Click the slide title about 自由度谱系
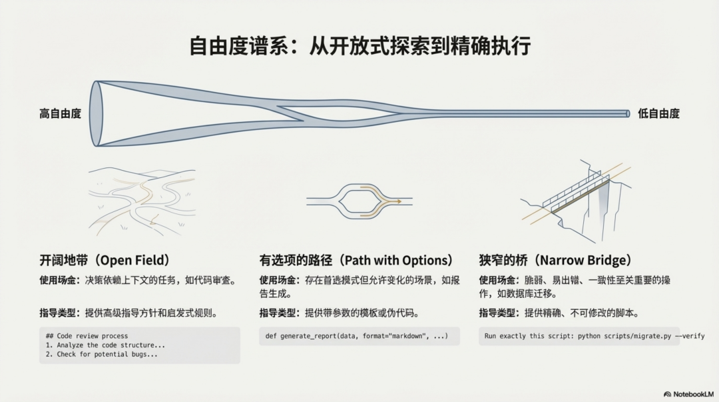coord(359,47)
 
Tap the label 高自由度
coord(60,114)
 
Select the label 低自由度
coord(658,114)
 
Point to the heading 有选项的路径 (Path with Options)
coord(356,260)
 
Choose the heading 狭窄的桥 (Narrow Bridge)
coord(555,260)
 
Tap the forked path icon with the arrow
coord(359,200)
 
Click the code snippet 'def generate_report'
coord(359,336)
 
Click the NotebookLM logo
coord(689,394)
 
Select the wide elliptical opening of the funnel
coord(97,113)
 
